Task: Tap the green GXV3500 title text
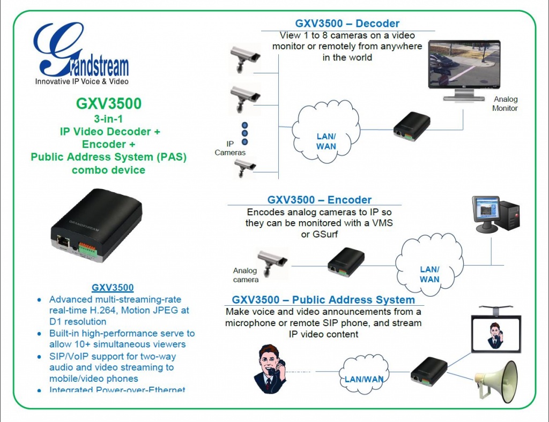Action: (x=109, y=103)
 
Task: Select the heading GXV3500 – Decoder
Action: (x=347, y=24)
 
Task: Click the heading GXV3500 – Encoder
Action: (x=319, y=200)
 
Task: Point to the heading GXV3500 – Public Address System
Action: (x=323, y=300)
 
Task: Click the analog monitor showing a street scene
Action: (x=464, y=66)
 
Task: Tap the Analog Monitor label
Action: (x=505, y=104)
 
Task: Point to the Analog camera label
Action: (x=246, y=275)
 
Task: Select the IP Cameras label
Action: (x=230, y=148)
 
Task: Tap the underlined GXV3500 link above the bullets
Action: (x=113, y=288)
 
